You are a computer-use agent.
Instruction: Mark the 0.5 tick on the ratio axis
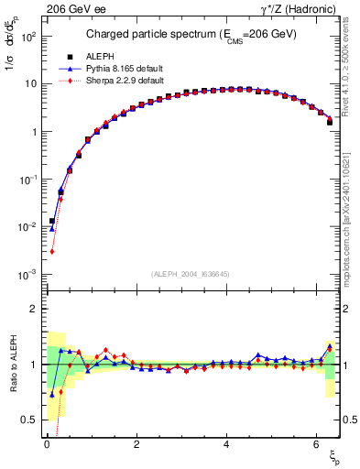click(33, 420)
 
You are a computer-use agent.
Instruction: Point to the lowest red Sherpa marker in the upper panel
click(52, 252)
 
